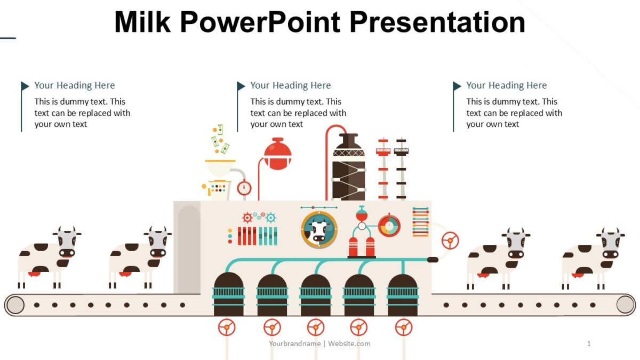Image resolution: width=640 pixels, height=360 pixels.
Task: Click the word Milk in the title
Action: tap(142, 22)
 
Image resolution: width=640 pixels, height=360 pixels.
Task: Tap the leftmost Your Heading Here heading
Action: tap(75, 85)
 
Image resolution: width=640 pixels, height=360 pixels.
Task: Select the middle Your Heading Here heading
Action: tap(291, 85)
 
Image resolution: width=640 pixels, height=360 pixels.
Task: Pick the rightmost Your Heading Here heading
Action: tap(507, 85)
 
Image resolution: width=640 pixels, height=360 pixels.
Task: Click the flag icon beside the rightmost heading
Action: tap(457, 86)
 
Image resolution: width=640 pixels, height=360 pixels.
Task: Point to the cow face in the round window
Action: tap(319, 230)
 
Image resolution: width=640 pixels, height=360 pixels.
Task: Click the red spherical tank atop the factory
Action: tap(278, 155)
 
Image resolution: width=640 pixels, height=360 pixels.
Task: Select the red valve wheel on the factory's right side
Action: tap(450, 241)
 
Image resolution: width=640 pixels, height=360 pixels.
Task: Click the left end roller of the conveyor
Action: tap(15, 305)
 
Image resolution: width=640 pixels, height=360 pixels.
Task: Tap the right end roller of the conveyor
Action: tap(626, 305)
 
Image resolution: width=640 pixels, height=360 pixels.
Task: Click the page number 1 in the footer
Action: tap(589, 343)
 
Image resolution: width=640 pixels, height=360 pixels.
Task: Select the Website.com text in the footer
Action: tap(349, 343)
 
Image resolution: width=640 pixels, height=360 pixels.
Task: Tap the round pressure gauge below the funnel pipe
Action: tap(244, 188)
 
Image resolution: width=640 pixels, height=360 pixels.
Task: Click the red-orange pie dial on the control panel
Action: tap(389, 226)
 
